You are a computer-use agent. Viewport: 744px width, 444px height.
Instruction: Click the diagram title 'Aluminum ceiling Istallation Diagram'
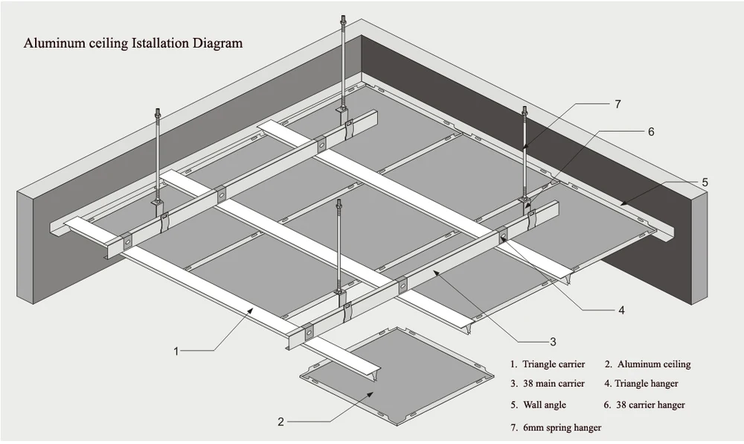click(133, 43)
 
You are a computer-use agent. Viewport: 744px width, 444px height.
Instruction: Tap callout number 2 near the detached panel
click(280, 422)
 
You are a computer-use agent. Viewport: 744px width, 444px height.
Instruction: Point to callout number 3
click(553, 342)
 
